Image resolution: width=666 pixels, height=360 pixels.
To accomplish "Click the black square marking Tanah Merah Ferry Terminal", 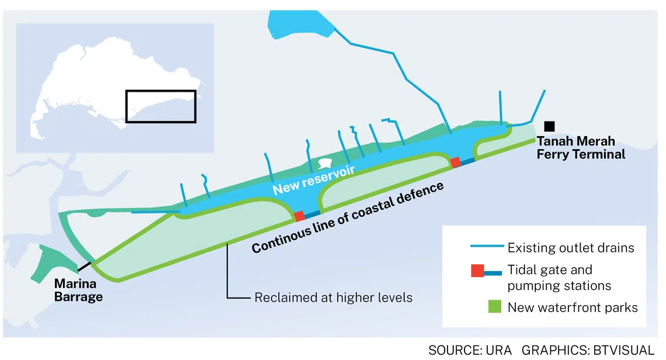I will pyautogui.click(x=549, y=126).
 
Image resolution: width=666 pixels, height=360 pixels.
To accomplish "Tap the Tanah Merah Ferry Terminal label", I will pyautogui.click(x=581, y=148).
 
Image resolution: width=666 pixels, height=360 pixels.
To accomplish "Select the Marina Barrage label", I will pyautogui.click(x=78, y=290).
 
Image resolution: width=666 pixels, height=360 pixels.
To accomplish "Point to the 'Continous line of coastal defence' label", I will pyautogui.click(x=348, y=218).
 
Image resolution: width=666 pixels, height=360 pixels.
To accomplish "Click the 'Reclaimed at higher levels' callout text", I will pyautogui.click(x=333, y=297).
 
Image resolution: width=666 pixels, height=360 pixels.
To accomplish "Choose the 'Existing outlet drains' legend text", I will pyautogui.click(x=570, y=248).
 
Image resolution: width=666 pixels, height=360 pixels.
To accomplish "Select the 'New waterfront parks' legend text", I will pyautogui.click(x=572, y=307).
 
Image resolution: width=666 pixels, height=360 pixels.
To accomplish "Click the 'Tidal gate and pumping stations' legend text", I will pyautogui.click(x=559, y=278).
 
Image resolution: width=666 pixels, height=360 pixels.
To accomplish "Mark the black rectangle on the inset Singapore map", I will pyautogui.click(x=161, y=106).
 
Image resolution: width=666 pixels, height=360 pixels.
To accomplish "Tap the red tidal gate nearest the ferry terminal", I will pyautogui.click(x=456, y=162).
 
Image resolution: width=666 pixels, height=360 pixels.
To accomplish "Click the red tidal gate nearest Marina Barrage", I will pyautogui.click(x=299, y=216).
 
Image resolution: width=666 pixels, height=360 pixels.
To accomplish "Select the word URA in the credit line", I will pyautogui.click(x=498, y=350).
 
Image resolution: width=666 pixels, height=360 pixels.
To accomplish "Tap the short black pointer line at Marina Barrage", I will pyautogui.click(x=85, y=267).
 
